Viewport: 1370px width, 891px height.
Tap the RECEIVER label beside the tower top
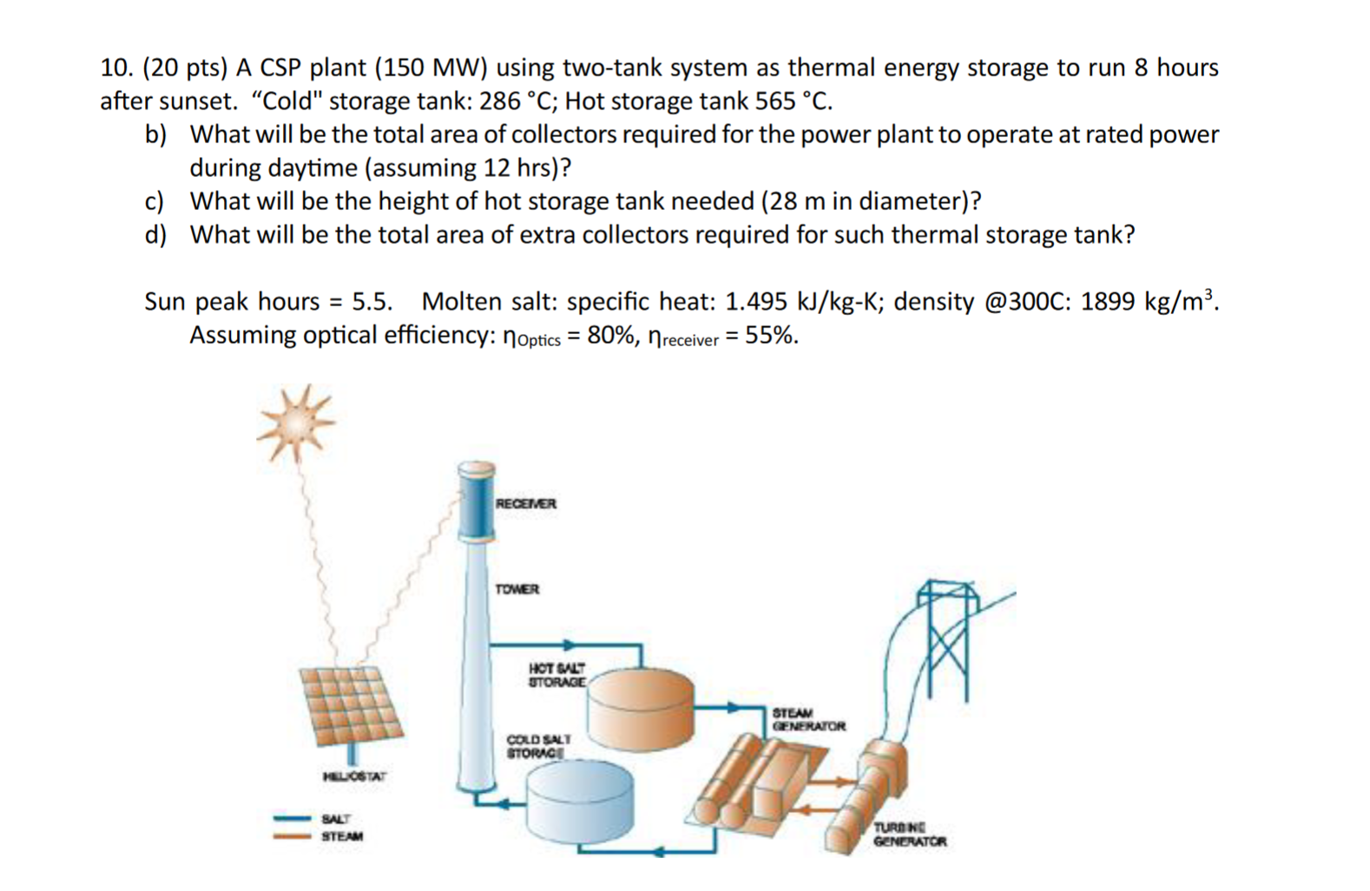[525, 503]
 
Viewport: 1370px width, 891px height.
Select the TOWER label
[517, 589]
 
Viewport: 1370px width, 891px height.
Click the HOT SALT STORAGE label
[557, 675]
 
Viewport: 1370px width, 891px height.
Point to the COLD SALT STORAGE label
[538, 746]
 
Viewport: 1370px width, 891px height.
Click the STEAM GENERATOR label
[808, 719]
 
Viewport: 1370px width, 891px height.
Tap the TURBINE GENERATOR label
[909, 835]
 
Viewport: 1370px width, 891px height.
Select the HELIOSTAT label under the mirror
[354, 776]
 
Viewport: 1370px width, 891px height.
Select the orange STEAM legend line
[293, 836]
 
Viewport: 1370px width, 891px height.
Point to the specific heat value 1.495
[755, 301]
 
